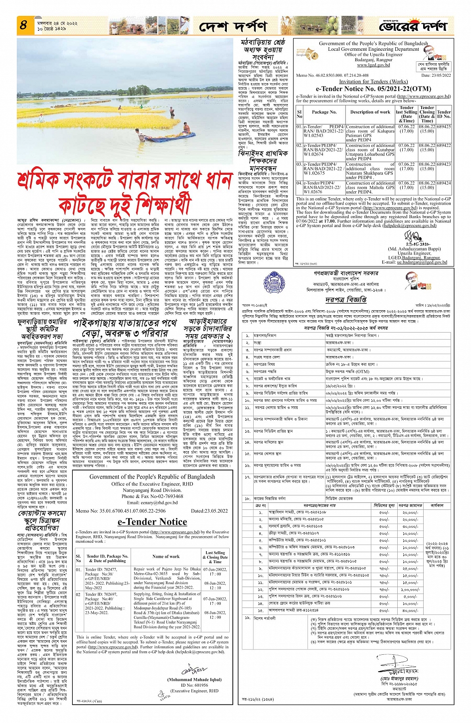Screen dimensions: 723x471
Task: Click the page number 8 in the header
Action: pyautogui.click(x=23, y=24)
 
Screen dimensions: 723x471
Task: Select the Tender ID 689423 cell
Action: pyautogui.click(x=443, y=164)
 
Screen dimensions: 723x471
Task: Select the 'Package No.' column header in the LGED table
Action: pyautogui.click(x=324, y=112)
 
